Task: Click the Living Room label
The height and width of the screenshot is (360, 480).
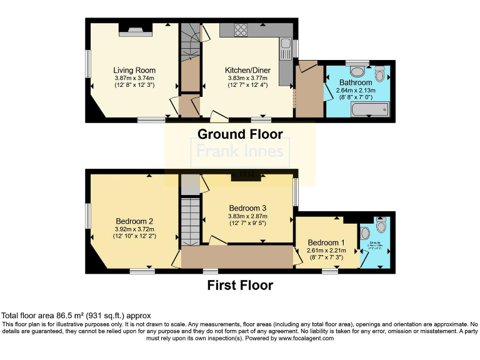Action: pyautogui.click(x=134, y=70)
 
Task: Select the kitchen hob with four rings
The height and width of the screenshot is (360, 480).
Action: pyautogui.click(x=242, y=29)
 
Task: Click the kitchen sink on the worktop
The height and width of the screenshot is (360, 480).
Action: pyautogui.click(x=286, y=44)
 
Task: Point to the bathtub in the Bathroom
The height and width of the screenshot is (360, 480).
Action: pyautogui.click(x=369, y=111)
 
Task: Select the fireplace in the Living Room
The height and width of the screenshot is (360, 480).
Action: pyautogui.click(x=131, y=29)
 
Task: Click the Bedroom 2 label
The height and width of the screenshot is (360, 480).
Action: pyautogui.click(x=134, y=221)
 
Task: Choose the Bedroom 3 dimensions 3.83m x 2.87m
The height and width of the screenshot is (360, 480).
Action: pyautogui.click(x=247, y=216)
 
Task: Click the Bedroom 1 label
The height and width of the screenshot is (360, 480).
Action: pyautogui.click(x=325, y=242)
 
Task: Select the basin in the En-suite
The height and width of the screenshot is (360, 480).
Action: pyautogui.click(x=365, y=234)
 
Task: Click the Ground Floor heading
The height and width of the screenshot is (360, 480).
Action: pyautogui.click(x=240, y=134)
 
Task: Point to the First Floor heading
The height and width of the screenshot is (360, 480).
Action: pyautogui.click(x=240, y=286)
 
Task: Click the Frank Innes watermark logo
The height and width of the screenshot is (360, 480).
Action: pyautogui.click(x=240, y=151)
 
